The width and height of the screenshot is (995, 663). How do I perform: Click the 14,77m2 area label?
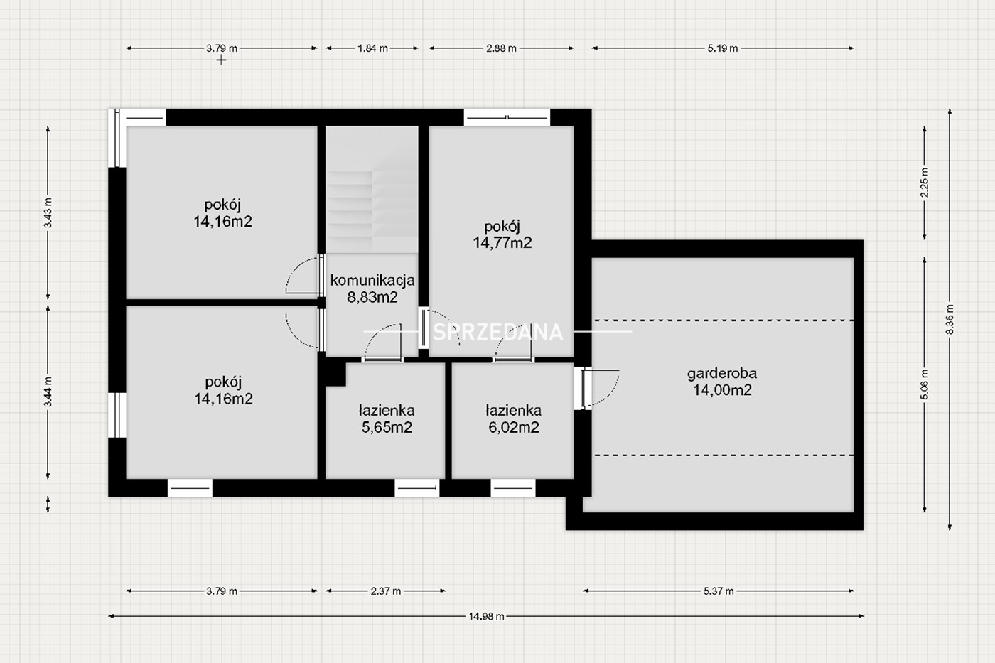[502, 243]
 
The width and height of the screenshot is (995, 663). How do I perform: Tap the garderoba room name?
[722, 374]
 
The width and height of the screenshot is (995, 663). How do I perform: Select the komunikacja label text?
[372, 280]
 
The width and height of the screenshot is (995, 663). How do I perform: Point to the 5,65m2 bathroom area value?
[387, 427]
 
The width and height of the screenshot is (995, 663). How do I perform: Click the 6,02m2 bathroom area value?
[513, 427]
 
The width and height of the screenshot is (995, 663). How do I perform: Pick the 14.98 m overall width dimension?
[486, 616]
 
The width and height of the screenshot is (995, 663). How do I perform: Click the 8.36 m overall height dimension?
[950, 319]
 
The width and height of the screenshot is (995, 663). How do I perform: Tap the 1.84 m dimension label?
[372, 48]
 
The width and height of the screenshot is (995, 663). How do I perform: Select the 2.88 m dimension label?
[501, 48]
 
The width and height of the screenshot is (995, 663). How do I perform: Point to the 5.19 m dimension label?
[722, 48]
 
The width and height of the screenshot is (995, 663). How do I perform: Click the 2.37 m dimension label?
[385, 591]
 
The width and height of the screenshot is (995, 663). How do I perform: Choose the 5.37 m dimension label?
[719, 591]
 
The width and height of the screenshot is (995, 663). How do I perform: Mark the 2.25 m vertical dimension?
[925, 183]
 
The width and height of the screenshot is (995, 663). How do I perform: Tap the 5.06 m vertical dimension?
[925, 384]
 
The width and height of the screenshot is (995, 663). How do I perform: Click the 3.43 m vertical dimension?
[48, 212]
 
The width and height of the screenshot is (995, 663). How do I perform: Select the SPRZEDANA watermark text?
[497, 332]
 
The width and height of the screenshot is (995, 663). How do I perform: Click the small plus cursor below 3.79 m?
[221, 60]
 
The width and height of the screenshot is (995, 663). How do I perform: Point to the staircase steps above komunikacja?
[372, 211]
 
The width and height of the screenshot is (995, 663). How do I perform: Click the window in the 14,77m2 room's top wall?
[507, 118]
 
